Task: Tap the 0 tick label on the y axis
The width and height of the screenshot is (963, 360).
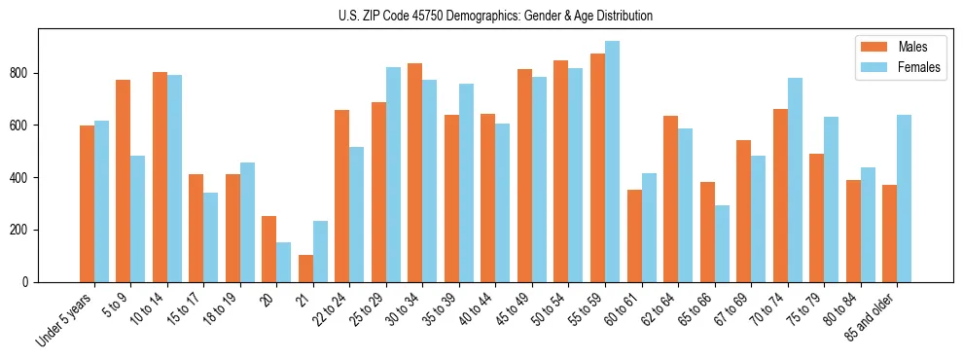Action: [32, 282]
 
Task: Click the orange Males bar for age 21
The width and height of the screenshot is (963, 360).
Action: [305, 269]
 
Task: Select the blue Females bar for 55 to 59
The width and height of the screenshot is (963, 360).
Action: [612, 162]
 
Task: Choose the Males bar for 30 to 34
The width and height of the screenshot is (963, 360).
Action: [415, 173]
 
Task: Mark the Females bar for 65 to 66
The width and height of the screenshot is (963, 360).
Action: [722, 244]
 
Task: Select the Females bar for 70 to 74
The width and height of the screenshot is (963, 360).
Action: [795, 180]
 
